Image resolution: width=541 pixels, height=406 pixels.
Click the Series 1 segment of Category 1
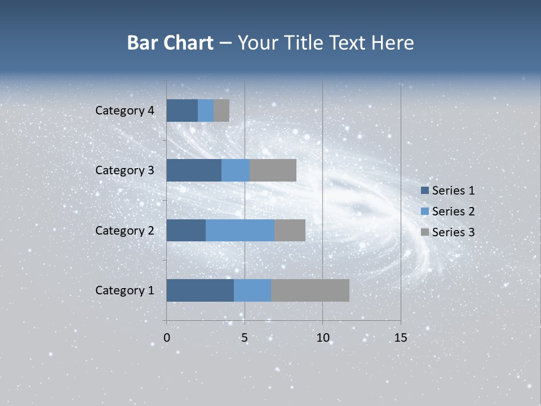pos(200,290)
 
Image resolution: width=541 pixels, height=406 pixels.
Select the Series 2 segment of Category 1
pos(252,290)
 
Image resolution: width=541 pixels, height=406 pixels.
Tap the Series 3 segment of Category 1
pos(310,290)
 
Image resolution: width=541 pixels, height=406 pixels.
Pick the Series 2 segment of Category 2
pos(240,230)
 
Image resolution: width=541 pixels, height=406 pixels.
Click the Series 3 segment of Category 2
pos(290,230)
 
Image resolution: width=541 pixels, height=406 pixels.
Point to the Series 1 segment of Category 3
pos(194,170)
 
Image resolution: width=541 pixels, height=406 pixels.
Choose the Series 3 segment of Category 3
pos(273,170)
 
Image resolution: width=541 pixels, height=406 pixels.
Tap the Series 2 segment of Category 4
pos(206,111)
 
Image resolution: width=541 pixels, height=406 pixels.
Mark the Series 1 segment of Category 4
pos(182,111)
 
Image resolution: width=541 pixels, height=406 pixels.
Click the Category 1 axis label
pos(125,290)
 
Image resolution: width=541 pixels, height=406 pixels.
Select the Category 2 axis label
pos(125,231)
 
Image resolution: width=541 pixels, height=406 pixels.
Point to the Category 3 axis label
pos(125,170)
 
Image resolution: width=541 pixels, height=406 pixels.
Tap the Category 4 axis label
pos(125,111)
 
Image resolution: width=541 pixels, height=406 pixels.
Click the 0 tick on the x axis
pos(167,338)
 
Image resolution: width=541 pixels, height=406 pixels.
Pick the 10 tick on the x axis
pos(322,338)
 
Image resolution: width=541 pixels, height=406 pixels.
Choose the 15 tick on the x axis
pos(400,338)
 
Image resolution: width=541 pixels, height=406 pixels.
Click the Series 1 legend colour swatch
pos(424,191)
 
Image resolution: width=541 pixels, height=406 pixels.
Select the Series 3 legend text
pos(453,232)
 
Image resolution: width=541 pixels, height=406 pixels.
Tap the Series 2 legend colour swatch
pos(424,211)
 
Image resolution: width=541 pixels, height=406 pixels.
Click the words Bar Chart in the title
pos(170,43)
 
